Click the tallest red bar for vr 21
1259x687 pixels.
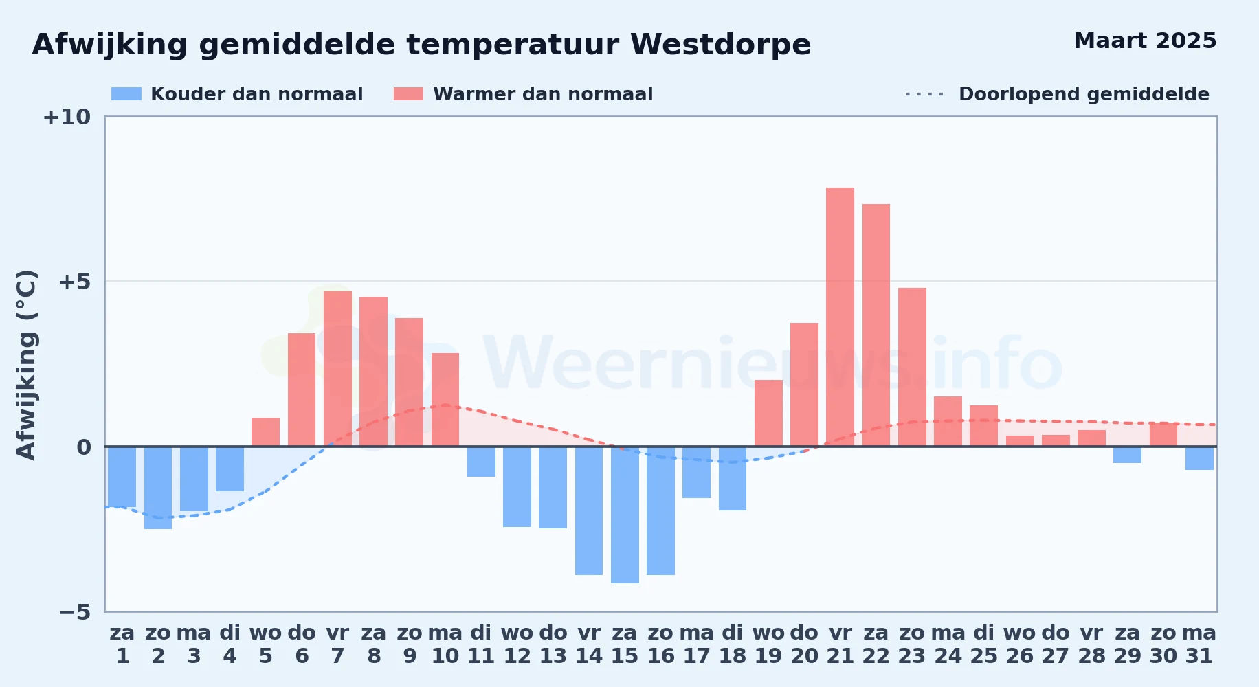840,317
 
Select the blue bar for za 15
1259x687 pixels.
625,515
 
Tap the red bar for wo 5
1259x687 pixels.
265,432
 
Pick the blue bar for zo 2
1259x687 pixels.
158,488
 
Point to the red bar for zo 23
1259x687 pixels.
912,367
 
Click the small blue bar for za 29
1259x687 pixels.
1127,455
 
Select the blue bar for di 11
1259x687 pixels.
481,462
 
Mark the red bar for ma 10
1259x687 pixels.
445,400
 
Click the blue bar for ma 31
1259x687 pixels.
1199,458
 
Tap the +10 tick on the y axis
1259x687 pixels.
67,117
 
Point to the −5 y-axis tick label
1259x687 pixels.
74,612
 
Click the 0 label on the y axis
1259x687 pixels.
84,447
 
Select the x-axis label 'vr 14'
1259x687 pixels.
589,644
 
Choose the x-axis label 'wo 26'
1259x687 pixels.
1020,644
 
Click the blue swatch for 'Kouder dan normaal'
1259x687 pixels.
126,94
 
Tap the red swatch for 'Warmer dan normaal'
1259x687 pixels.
409,94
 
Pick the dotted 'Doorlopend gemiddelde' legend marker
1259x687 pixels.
925,94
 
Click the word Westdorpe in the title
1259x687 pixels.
721,45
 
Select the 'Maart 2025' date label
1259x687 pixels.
1145,41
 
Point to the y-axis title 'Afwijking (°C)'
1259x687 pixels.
26,365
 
